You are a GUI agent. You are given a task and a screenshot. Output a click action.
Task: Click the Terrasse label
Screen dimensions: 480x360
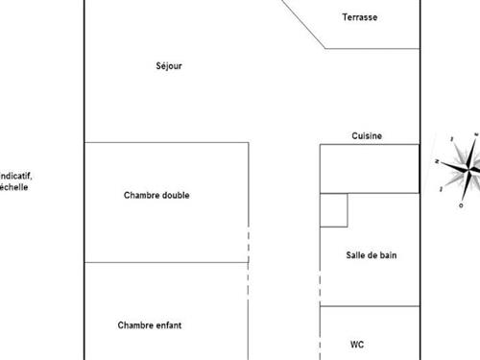pos(360,17)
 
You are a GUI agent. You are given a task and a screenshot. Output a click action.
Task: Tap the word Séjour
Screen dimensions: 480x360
pos(168,66)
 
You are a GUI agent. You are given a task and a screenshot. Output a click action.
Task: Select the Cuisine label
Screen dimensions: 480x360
pos(367,136)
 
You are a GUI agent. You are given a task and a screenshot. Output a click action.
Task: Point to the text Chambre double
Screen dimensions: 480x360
pos(156,196)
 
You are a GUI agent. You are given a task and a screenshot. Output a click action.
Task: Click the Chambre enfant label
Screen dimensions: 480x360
pos(149,325)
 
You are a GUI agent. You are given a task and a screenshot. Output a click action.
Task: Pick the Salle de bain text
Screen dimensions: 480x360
pos(372,255)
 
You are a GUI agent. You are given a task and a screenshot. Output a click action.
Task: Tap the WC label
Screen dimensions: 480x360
pos(357,344)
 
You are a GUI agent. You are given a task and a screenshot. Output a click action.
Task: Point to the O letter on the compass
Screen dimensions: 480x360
pos(462,204)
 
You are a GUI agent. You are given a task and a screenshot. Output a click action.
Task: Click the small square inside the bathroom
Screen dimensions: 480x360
pos(333,210)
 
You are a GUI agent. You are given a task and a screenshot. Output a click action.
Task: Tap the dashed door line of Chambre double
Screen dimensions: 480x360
pos(249,244)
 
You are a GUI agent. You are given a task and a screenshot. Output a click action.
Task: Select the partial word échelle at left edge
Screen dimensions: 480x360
pos(14,187)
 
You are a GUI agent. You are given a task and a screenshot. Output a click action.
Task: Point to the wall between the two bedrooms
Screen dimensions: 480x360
pos(163,261)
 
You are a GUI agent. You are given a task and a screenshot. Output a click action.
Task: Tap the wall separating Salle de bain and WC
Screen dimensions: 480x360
pos(370,306)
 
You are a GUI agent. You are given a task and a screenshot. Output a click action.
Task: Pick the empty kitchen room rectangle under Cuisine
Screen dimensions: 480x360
pos(370,168)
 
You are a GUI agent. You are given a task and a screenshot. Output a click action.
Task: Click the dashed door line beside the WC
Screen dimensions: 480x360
pos(320,331)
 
